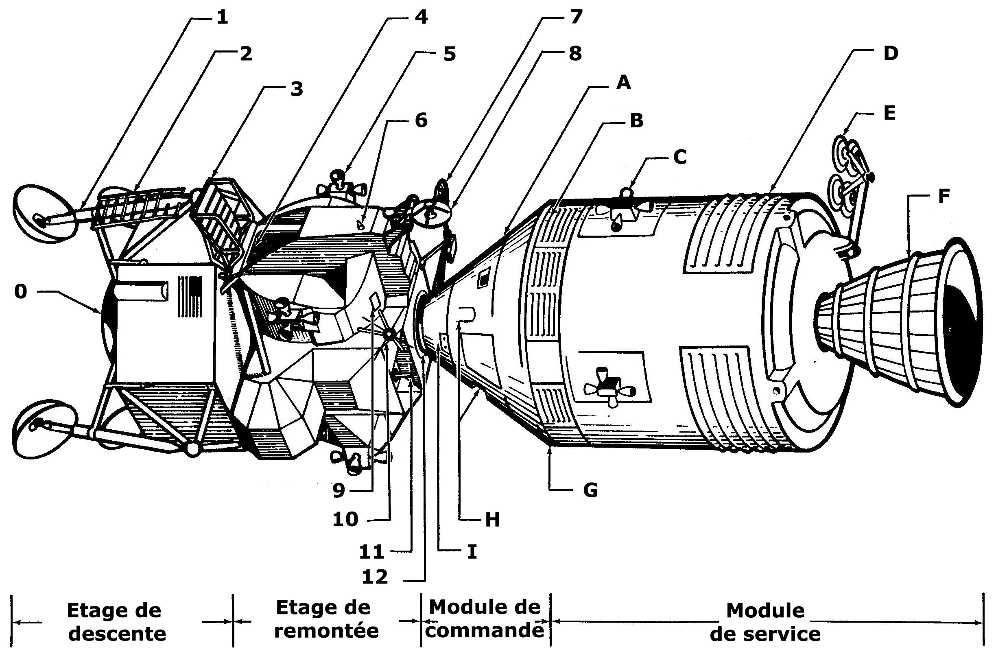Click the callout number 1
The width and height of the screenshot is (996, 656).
[x=222, y=17]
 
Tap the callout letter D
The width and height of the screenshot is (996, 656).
[x=891, y=54]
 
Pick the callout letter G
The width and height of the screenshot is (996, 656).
[x=590, y=490]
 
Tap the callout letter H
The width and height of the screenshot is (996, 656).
[x=493, y=520]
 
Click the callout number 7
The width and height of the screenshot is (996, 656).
[x=576, y=17]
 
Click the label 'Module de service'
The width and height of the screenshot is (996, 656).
[x=765, y=623]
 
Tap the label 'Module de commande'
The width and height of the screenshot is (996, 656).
[x=485, y=619]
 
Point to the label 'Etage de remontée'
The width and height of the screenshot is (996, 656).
[x=325, y=619]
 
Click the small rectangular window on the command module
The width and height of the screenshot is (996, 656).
[x=483, y=278]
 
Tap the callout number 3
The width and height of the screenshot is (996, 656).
[x=296, y=89]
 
